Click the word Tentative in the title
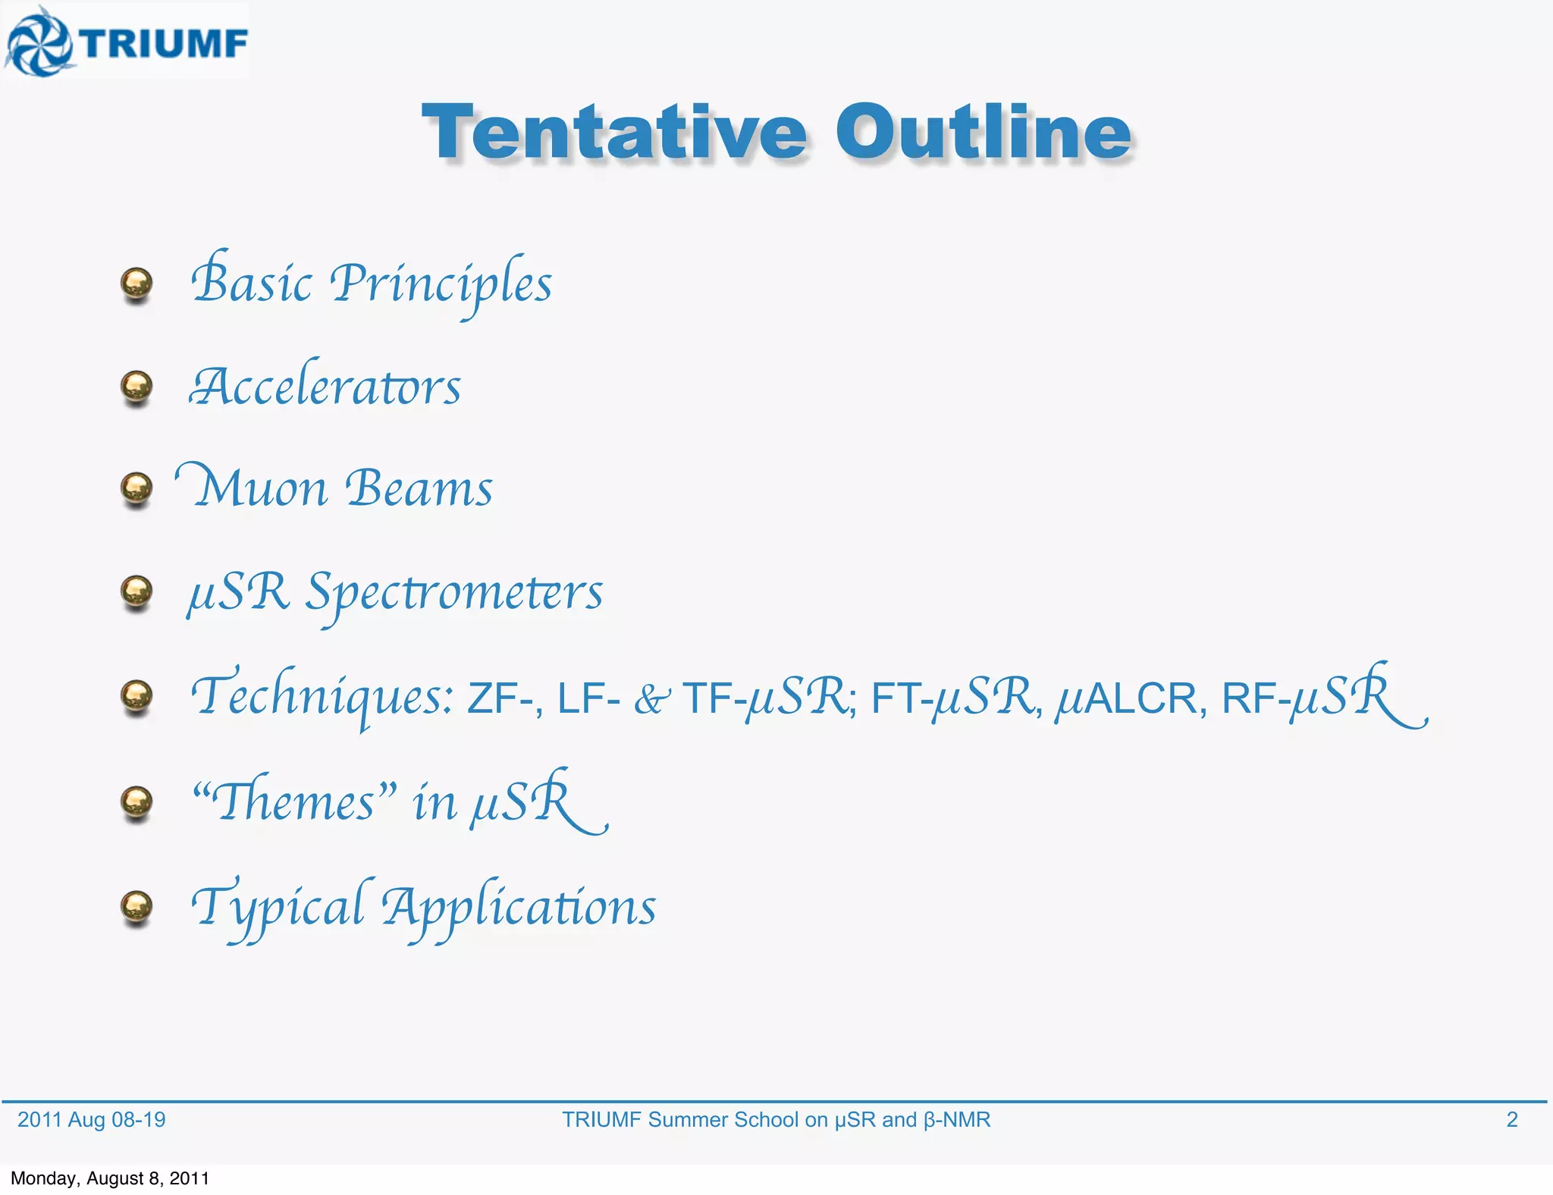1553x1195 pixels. pos(614,133)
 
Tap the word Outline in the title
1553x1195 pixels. pos(984,133)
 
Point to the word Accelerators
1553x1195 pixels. pos(325,387)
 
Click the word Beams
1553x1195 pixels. pos(419,488)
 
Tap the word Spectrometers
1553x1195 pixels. pos(453,593)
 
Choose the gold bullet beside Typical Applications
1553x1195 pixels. pos(136,906)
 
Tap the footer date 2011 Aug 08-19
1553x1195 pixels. pos(91,1119)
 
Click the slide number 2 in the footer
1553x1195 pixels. pos(1511,1119)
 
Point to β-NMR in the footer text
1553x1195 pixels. pos(957,1119)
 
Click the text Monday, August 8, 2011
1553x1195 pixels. pos(110,1178)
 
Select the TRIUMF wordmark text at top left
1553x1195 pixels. pos(165,43)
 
